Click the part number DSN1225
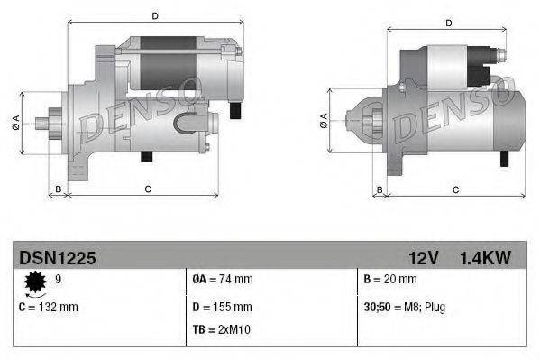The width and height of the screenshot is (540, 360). [x=57, y=258]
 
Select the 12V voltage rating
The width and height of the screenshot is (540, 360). [x=422, y=258]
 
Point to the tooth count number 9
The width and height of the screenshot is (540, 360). [x=59, y=280]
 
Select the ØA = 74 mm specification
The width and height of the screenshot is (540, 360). [x=222, y=280]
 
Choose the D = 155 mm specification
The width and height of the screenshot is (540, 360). [x=222, y=307]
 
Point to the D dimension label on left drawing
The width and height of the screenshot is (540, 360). [x=155, y=16]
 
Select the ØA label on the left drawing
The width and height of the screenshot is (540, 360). [x=16, y=124]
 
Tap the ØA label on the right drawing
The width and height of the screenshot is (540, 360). [x=323, y=122]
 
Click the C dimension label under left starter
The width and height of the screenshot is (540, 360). [x=146, y=189]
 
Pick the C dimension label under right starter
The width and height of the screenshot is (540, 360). [x=455, y=189]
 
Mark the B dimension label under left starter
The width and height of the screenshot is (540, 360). [x=58, y=189]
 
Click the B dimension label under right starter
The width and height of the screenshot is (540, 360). [x=380, y=189]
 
